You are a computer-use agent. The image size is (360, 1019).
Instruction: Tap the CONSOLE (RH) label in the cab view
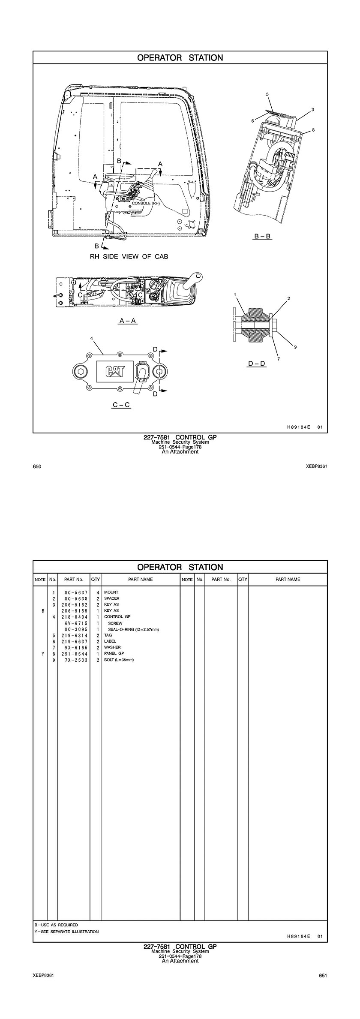pos(146,203)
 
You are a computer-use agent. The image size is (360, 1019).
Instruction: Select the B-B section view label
pos(263,236)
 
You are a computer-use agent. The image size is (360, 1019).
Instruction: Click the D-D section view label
pos(257,364)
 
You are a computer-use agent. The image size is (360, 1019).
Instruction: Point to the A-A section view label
pos(128,320)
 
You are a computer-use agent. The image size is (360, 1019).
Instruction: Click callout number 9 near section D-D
pos(295,347)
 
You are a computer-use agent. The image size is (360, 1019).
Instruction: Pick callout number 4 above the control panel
pos(91,338)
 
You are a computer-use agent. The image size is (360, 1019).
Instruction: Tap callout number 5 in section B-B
pos(267,93)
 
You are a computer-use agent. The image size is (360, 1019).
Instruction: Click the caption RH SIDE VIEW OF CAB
pos(129,256)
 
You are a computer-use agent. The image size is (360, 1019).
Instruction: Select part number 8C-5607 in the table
pos(74,592)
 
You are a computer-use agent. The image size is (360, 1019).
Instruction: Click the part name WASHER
pos(112,647)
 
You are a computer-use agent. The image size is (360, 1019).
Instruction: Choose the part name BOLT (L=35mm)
pos(119,660)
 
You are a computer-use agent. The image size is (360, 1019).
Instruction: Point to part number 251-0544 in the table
pos(74,654)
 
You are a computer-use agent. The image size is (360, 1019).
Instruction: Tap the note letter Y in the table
pos(42,654)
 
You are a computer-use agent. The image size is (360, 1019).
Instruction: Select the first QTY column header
pos(96,579)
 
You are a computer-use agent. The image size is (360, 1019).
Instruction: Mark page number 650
pos(37,466)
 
